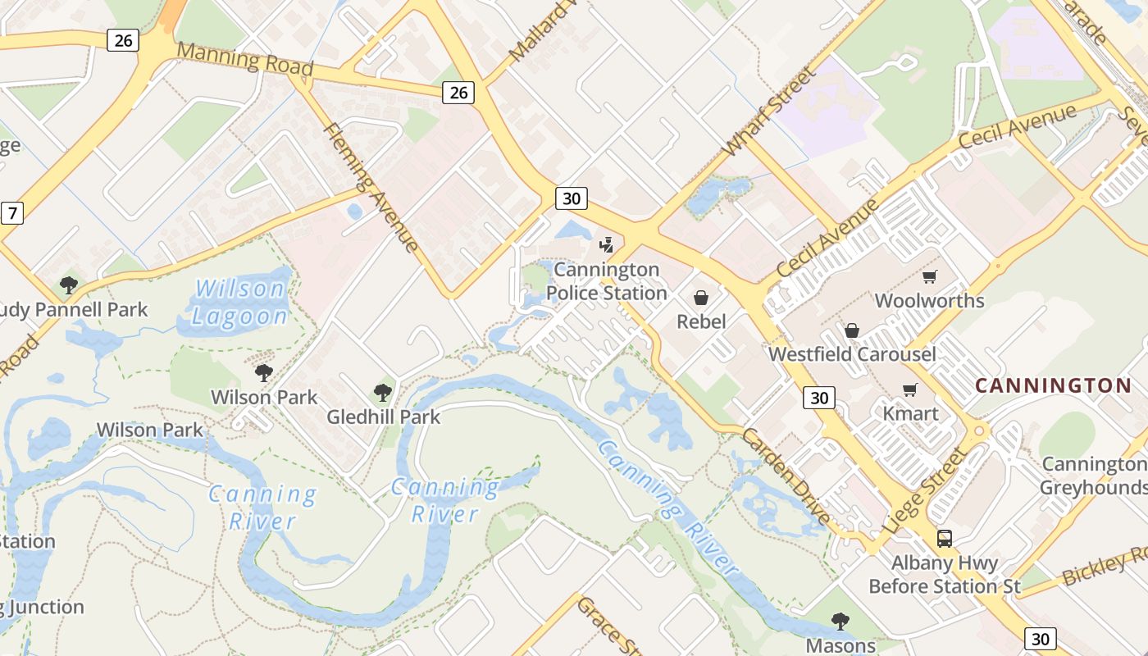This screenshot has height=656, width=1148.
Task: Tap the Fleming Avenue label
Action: click(x=371, y=187)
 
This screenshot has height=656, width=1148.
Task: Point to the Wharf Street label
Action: click(x=770, y=112)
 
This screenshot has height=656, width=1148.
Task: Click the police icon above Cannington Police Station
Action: click(x=606, y=244)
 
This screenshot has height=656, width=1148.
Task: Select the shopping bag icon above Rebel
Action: click(x=701, y=298)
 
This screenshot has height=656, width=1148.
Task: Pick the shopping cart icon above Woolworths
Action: click(x=929, y=276)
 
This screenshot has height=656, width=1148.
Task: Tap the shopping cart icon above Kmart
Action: click(x=909, y=389)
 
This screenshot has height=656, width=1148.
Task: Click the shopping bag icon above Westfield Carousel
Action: click(x=852, y=330)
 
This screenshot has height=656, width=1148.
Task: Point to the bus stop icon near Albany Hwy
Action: click(x=945, y=539)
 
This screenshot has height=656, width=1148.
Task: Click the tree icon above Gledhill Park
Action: click(x=382, y=393)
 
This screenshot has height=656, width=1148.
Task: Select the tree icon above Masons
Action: click(x=840, y=621)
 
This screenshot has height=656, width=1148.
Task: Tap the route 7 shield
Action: click(x=11, y=214)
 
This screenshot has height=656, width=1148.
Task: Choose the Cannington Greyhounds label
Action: click(x=1093, y=476)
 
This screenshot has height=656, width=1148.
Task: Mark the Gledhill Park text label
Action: click(x=383, y=417)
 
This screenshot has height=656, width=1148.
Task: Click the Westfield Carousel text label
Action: click(x=852, y=354)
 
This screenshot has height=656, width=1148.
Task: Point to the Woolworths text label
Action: click(x=929, y=300)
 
